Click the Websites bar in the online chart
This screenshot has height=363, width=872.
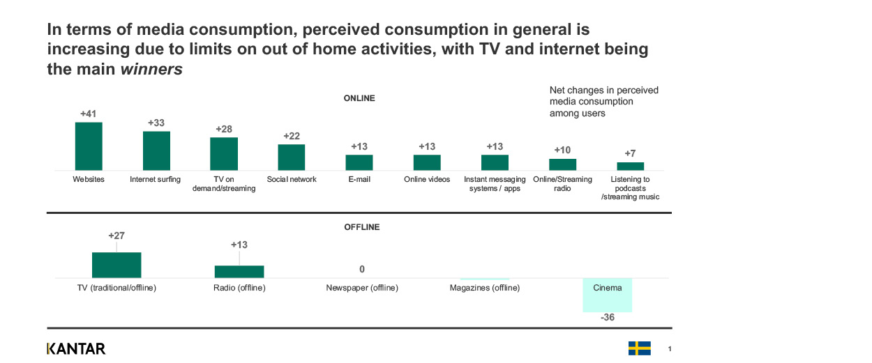pos(89,146)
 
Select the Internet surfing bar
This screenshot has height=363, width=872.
pos(156,150)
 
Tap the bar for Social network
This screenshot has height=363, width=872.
pos(292,157)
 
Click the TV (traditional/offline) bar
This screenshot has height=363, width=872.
pos(116,265)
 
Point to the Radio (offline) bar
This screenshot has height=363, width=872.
pos(239,272)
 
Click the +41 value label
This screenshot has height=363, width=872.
pos(89,114)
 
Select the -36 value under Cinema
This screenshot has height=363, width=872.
pos(607,318)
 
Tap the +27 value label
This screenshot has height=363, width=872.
pos(116,236)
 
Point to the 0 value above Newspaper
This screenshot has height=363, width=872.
pos(362,269)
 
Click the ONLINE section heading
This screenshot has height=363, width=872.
pos(359,98)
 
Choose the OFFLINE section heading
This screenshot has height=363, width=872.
pos(362,227)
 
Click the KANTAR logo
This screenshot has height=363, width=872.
pos(76,348)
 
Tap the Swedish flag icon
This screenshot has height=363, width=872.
pos(639,348)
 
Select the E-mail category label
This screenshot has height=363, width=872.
pos(359,179)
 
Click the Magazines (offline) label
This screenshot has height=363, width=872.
pos(484,288)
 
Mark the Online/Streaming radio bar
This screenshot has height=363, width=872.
pos(562,164)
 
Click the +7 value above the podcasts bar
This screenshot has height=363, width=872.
pos(630,153)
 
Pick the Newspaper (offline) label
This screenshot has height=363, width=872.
pos(362,288)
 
